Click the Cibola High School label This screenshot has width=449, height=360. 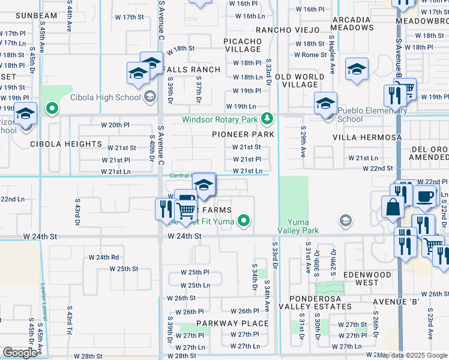[x=105, y=97]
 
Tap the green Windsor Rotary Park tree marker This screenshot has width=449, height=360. [x=271, y=118]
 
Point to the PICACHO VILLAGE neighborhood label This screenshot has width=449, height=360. [x=243, y=45]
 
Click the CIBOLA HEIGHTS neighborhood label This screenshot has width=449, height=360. [x=66, y=144]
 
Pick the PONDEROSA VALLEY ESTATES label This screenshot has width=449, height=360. [x=320, y=302]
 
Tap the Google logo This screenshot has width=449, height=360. [x=20, y=353]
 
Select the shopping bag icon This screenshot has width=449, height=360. [x=393, y=206]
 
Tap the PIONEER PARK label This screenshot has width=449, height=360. [x=243, y=134]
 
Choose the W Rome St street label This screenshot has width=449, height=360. [x=310, y=55]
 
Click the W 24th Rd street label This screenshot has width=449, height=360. [x=104, y=257]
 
